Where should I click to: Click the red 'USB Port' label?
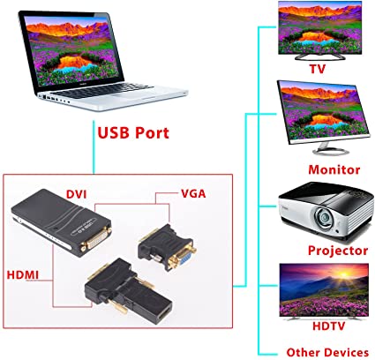click(133, 133)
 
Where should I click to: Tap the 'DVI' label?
click(77, 194)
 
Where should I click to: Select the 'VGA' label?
click(193, 194)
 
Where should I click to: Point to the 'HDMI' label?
click(23, 275)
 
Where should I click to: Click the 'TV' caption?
click(318, 69)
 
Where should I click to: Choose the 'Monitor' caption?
click(334, 169)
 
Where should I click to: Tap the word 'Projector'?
click(338, 251)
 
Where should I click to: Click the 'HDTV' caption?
click(328, 326)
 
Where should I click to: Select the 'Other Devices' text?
click(327, 352)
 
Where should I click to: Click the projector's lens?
click(324, 218)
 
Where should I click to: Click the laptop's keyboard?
click(104, 90)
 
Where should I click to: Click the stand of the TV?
click(319, 56)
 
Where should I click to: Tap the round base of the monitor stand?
click(331, 152)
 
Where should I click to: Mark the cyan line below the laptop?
click(94, 147)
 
